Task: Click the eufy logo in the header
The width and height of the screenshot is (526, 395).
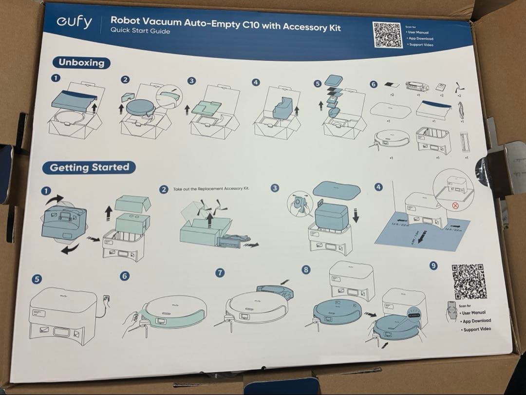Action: [x=74, y=22]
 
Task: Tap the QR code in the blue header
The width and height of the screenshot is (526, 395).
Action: [x=388, y=35]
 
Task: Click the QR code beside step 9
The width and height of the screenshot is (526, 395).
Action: [x=469, y=282]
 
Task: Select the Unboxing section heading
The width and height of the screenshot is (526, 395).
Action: [x=81, y=62]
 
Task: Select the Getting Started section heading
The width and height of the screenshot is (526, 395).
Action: [x=90, y=168]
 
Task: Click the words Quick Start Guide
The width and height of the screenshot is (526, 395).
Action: [x=140, y=31]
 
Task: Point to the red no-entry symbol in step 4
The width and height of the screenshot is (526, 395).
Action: [x=456, y=206]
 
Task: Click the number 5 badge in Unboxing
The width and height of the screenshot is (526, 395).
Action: [x=318, y=84]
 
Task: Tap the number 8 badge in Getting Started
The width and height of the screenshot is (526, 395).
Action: [x=305, y=269]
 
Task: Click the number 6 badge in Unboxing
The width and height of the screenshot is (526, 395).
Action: [x=374, y=84]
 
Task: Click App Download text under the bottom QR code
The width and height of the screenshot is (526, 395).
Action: [x=476, y=321]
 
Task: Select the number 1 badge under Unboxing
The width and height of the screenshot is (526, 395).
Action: [x=56, y=77]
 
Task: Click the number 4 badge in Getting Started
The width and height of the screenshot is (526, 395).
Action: [x=378, y=187]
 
